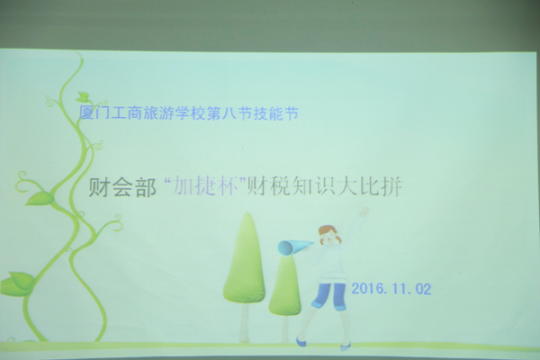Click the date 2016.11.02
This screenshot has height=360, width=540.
click(391, 289)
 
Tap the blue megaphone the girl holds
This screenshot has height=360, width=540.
click(292, 247)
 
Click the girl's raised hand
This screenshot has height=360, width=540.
click(364, 211)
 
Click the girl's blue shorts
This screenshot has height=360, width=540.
click(329, 294)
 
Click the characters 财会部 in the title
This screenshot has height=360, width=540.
click(122, 188)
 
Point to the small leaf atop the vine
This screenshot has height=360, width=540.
click(83, 97)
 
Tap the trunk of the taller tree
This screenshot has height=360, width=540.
click(245, 322)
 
